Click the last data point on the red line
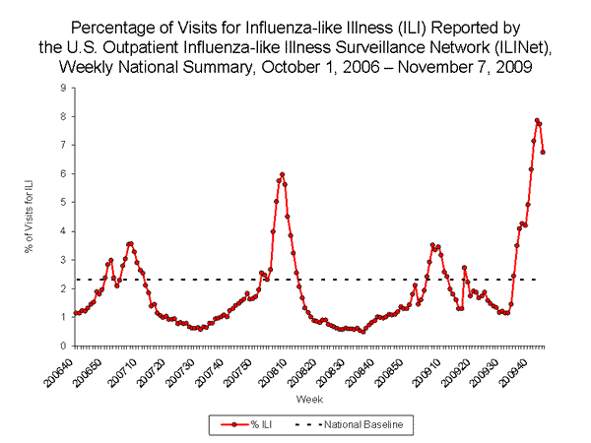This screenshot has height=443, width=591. [544, 152]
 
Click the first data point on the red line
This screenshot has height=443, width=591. [75, 313]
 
